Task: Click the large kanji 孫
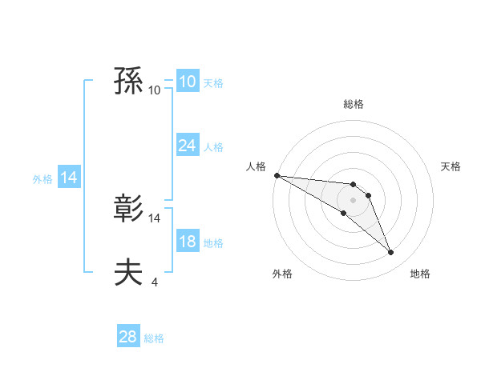[128, 82]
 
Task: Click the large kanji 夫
[128, 272]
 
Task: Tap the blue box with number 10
[187, 82]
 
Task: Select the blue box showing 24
[187, 146]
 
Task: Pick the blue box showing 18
[187, 242]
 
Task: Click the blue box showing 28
[128, 337]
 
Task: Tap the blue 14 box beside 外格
[69, 178]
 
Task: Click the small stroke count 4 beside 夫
[154, 282]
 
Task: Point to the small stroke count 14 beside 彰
[155, 218]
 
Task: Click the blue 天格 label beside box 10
[213, 83]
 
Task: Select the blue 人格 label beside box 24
[213, 147]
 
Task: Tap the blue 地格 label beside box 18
[213, 243]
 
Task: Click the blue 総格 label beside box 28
[154, 338]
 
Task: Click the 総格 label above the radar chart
[354, 104]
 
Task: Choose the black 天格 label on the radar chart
[451, 166]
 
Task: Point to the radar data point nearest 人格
[277, 174]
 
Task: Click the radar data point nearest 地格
[390, 252]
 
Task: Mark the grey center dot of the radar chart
[354, 200]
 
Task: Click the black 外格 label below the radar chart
[282, 274]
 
